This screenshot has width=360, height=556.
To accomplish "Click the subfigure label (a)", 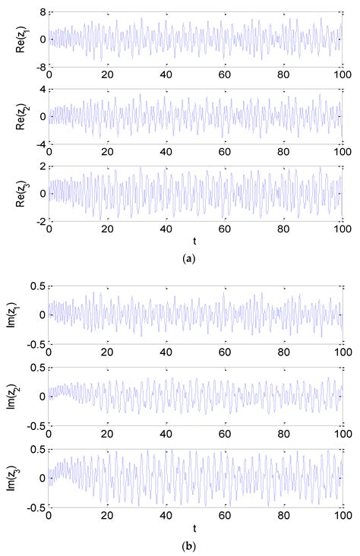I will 190,258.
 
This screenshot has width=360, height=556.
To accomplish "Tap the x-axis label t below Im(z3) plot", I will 195,527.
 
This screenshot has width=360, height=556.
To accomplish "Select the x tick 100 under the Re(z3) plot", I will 341,228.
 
